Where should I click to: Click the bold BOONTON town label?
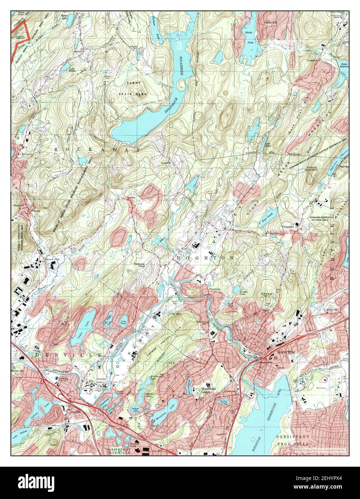click(x=286, y=352)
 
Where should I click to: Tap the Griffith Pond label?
click(x=245, y=293)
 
